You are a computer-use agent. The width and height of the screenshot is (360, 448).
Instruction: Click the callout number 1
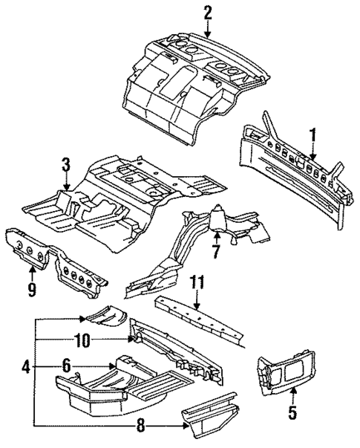coord(312,134)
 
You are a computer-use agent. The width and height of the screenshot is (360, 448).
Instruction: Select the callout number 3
coord(66,163)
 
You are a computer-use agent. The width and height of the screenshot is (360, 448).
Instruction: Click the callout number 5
coord(292,410)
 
